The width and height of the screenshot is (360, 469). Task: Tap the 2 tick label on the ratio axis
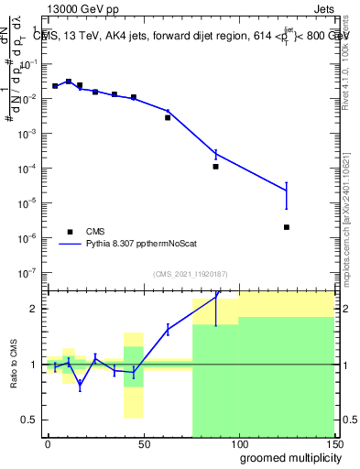click(x=33, y=309)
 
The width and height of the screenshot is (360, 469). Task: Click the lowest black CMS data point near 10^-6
click(x=287, y=227)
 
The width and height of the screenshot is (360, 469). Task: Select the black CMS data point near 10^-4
click(x=216, y=167)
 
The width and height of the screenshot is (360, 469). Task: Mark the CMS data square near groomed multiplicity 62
click(x=168, y=117)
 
